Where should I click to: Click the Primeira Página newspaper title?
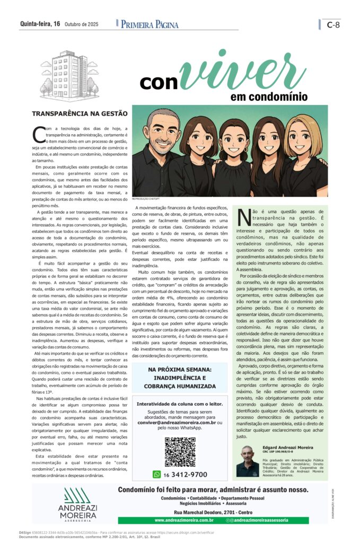[x=150, y=24]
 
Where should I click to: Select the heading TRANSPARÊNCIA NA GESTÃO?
[x=80, y=113]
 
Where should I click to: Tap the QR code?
[x=180, y=452]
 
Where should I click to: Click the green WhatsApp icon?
[x=156, y=475]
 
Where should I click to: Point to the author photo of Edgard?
[x=248, y=461]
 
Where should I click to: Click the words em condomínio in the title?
[x=269, y=97]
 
